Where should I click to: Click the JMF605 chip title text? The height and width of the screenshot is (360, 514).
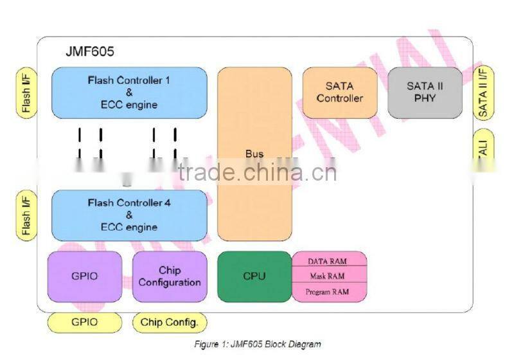90,51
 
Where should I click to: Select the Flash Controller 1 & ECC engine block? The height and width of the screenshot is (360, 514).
129,93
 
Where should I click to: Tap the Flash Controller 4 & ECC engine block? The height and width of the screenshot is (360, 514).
129,215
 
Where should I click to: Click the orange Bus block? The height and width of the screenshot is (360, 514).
254,154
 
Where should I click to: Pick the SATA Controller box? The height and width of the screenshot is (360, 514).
340,93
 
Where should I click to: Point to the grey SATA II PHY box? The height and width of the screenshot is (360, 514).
425,93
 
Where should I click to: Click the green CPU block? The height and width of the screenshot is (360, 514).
254,276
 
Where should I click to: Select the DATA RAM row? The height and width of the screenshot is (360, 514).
330,260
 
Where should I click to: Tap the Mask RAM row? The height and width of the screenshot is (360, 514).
330,276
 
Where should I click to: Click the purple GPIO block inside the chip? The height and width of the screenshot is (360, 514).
85,276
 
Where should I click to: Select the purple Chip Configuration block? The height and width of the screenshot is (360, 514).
170,276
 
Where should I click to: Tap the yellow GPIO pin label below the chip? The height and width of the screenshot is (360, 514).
85,322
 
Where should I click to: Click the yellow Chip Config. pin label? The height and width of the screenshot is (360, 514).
170,322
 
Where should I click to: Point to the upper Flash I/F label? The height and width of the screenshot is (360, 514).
26,93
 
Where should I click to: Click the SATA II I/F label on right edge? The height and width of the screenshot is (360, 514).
484,93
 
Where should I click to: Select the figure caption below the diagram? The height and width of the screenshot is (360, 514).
257,344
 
